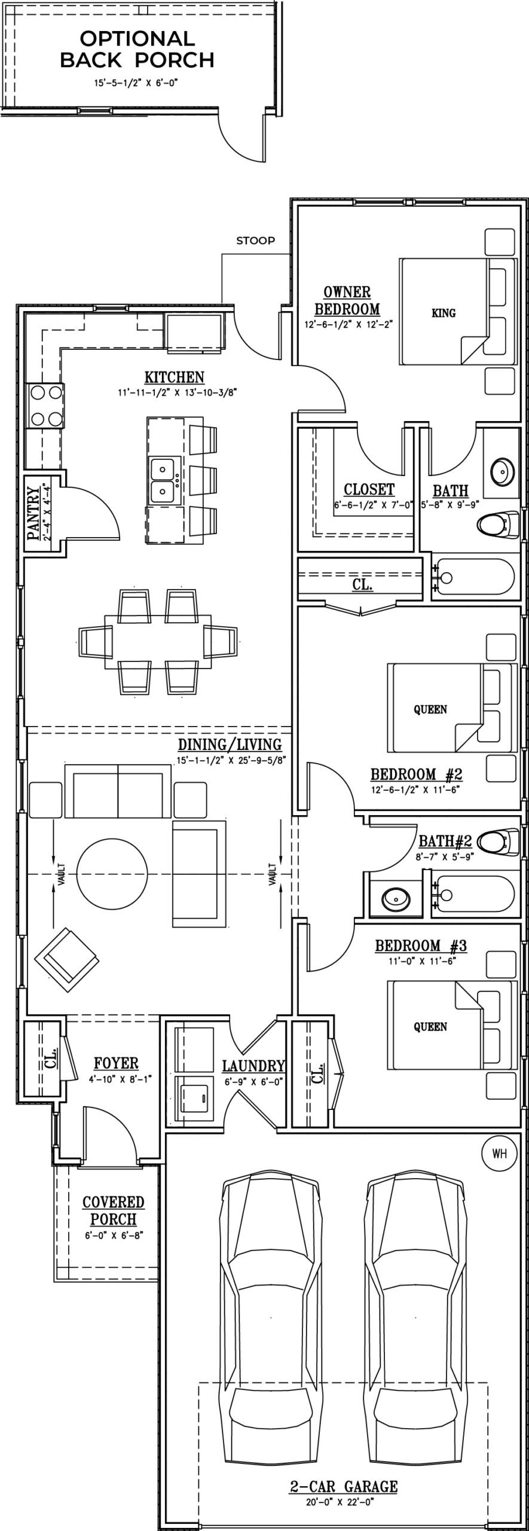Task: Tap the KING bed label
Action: (x=443, y=313)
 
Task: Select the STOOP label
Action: (x=255, y=240)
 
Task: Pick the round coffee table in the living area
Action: (x=112, y=874)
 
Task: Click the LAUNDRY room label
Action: (x=253, y=1066)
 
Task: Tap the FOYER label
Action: (x=116, y=1063)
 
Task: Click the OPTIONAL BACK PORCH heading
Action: (x=137, y=49)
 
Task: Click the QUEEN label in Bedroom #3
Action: (x=430, y=1026)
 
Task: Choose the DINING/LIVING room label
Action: (x=230, y=745)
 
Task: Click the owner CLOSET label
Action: (x=369, y=489)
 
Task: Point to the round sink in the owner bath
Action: (x=502, y=472)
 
